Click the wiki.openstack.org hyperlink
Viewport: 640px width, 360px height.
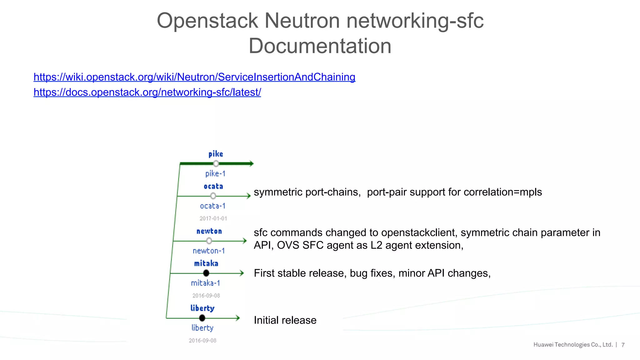194,77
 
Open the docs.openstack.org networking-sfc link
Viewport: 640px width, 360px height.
147,92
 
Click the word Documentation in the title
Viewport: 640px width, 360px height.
320,46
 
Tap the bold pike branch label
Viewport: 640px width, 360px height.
216,154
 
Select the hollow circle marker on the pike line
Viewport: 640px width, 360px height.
216,163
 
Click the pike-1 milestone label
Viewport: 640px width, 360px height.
215,174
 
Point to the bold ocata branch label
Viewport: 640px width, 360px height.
213,187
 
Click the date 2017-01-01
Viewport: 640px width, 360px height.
213,218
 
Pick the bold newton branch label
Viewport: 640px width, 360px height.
209,231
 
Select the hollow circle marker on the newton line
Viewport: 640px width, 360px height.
209,241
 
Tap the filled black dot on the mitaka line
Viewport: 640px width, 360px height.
206,273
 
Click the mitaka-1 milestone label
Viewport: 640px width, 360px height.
206,283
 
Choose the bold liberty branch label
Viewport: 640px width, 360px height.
202,308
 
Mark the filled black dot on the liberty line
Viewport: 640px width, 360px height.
202,318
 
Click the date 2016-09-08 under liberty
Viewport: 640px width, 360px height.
202,340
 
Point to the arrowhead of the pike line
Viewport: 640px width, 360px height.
251,163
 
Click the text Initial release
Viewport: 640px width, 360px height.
285,320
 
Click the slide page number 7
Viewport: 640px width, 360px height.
623,345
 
